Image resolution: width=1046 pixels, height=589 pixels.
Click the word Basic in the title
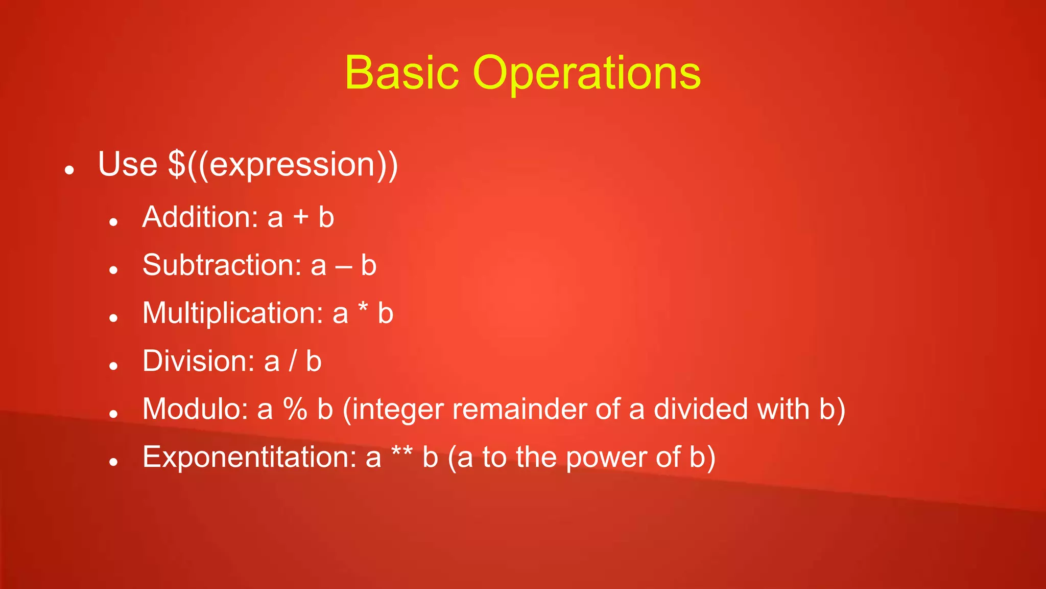click(x=401, y=73)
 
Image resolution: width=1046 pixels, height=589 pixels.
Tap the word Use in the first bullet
click(x=127, y=165)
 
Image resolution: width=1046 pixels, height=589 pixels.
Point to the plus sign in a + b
click(x=301, y=217)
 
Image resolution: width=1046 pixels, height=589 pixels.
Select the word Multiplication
click(x=232, y=313)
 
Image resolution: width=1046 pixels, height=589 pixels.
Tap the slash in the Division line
click(x=293, y=361)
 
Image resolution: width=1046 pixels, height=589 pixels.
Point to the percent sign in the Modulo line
click(x=295, y=409)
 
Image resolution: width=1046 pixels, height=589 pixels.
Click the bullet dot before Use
click(x=70, y=170)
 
